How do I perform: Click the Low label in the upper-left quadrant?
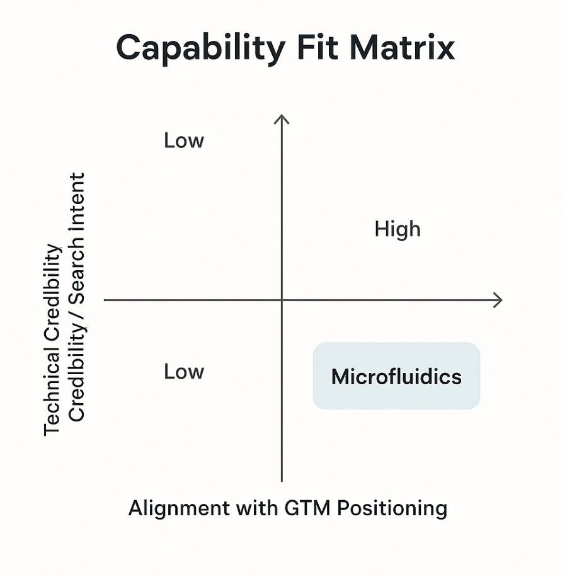(184, 140)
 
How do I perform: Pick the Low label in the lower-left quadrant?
(184, 372)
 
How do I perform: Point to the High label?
(397, 229)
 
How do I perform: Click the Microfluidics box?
(396, 377)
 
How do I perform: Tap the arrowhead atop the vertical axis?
(282, 118)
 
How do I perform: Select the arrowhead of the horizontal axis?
(498, 300)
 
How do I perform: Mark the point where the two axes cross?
(282, 300)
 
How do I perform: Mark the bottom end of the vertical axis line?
(282, 481)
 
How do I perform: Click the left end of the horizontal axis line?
(105, 300)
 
